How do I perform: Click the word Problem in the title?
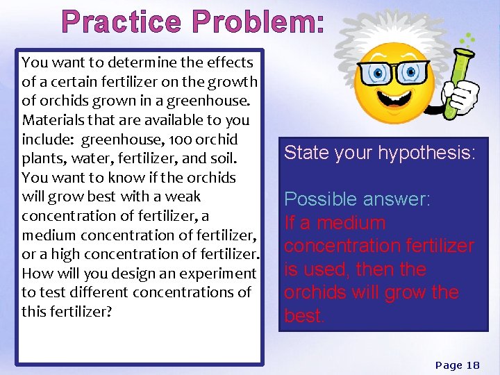[258, 22]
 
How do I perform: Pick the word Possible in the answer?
[322, 199]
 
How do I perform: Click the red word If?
[290, 223]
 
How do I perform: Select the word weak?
[183, 197]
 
